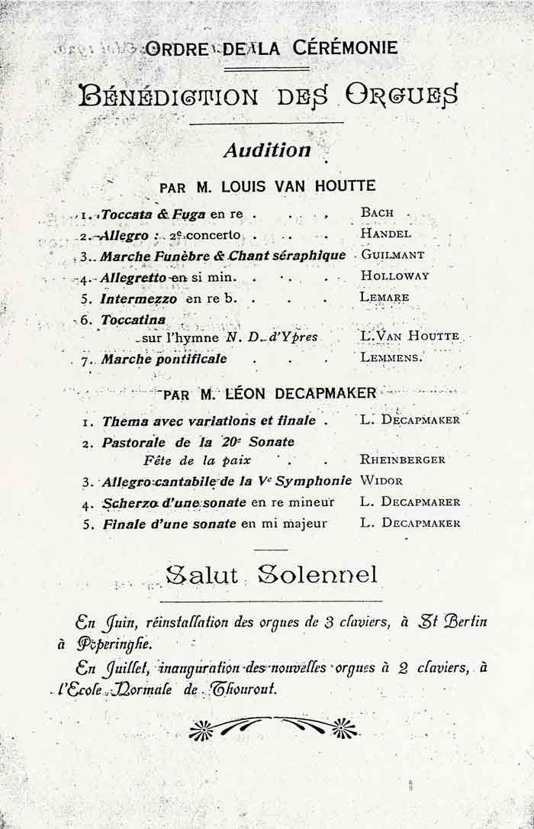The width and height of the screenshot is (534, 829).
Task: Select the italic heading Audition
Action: (266, 150)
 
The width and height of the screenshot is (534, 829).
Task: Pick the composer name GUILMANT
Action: (393, 255)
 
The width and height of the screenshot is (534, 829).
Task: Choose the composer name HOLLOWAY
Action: (394, 276)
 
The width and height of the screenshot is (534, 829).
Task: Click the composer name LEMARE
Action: (384, 297)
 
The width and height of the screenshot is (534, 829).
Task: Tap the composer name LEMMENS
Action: (390, 356)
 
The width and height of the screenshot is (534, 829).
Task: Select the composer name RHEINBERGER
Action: (402, 460)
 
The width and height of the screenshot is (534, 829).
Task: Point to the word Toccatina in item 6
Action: (133, 320)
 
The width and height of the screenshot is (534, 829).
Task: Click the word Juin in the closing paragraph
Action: (114, 622)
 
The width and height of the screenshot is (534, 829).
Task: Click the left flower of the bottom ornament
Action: (201, 729)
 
